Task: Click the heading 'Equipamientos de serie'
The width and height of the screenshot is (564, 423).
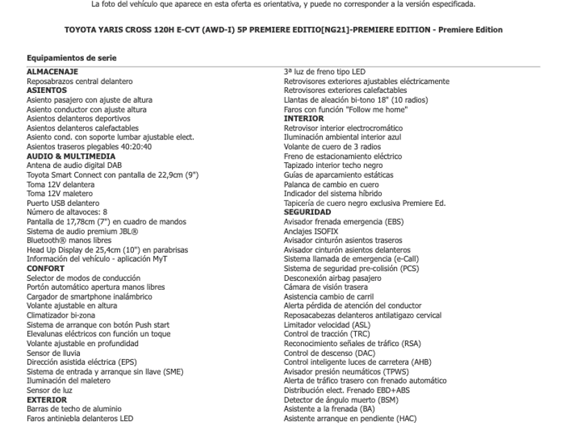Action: coord(71,58)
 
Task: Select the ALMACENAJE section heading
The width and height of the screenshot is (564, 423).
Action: coord(52,72)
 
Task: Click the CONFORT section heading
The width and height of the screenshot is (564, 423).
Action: coord(46,268)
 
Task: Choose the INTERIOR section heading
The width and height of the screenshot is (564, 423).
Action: coord(304,119)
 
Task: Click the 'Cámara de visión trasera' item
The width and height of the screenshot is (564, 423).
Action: coord(325,287)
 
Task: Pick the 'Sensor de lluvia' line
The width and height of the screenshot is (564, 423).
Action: coord(53,353)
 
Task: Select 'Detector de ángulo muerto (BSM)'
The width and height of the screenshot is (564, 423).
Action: coord(341,399)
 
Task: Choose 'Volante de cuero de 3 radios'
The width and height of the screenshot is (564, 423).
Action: coord(332,147)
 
